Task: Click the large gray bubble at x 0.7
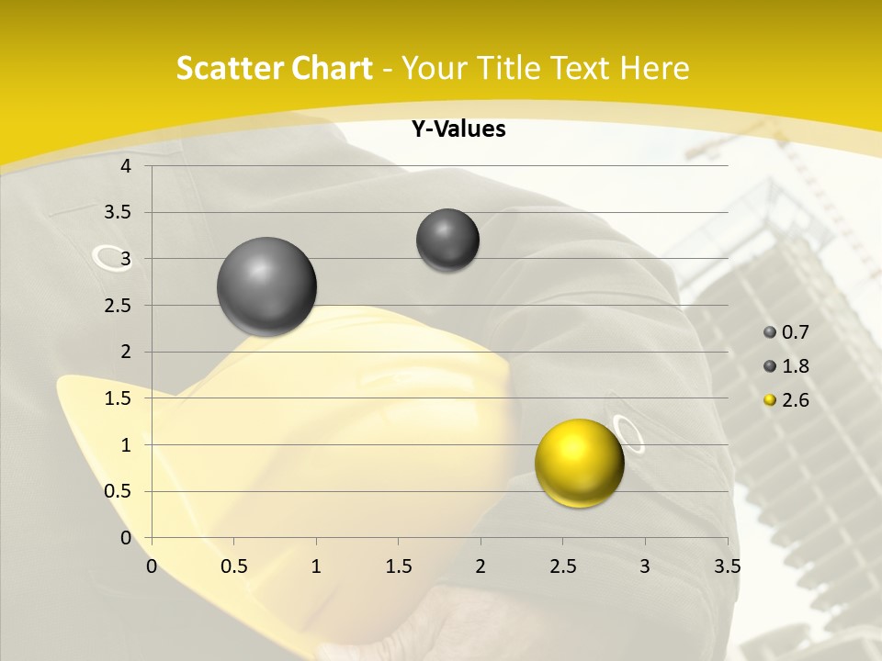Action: [267, 286]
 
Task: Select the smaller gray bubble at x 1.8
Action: [447, 240]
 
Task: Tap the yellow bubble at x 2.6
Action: [579, 463]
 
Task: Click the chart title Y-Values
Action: [458, 129]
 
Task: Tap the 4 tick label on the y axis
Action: [126, 166]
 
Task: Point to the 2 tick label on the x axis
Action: [481, 566]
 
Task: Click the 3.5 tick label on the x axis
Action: [727, 566]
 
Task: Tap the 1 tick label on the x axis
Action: [316, 566]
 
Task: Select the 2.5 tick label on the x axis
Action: [562, 566]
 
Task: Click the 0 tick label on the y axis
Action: [126, 538]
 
